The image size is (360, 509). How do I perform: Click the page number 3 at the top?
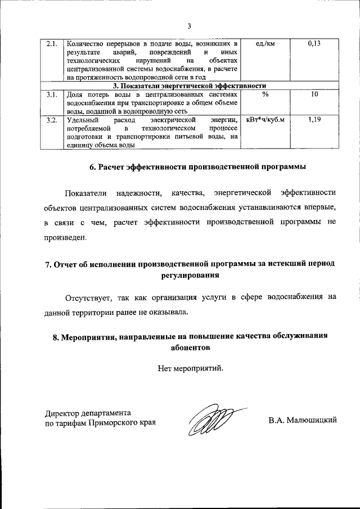(x=190, y=26)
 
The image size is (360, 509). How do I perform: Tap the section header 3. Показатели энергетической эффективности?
(x=190, y=85)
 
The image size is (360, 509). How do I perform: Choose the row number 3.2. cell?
(x=52, y=120)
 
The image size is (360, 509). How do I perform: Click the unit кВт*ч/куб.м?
(x=265, y=120)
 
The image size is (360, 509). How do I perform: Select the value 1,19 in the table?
(x=314, y=120)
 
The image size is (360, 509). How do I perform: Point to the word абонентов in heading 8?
(x=190, y=348)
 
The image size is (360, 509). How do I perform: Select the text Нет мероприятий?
(x=190, y=369)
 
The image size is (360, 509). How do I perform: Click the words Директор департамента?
(x=88, y=412)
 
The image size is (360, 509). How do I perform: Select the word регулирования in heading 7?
(x=190, y=276)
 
